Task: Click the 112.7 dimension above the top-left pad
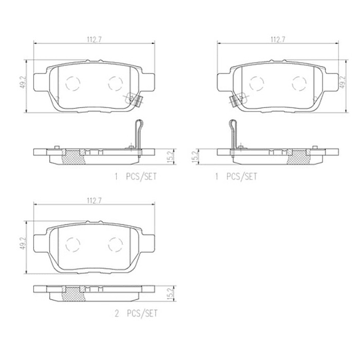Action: (x=94, y=39)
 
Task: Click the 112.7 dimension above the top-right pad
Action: (x=278, y=39)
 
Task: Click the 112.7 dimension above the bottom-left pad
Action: (x=94, y=201)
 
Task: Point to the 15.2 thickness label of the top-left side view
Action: (x=171, y=157)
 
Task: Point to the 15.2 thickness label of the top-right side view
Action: (x=195, y=157)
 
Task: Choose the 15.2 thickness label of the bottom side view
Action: (x=171, y=294)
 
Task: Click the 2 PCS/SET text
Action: (x=137, y=313)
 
